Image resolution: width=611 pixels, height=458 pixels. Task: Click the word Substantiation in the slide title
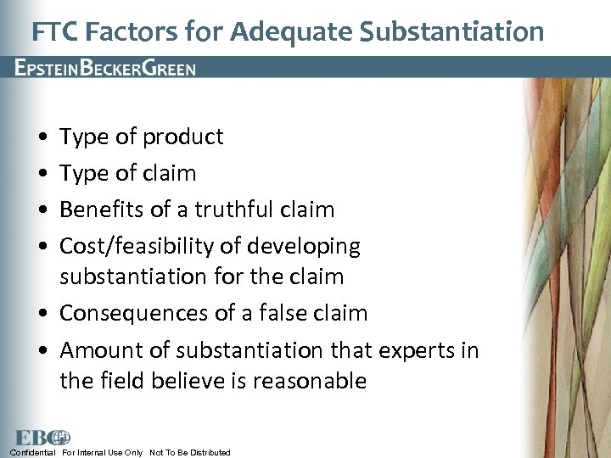click(451, 31)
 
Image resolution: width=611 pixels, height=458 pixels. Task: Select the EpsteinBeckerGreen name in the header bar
click(105, 68)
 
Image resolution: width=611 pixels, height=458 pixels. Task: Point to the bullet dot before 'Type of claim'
click(42, 174)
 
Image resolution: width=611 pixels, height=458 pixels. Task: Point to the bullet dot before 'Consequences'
click(42, 314)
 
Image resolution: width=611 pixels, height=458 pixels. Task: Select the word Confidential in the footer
click(33, 453)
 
